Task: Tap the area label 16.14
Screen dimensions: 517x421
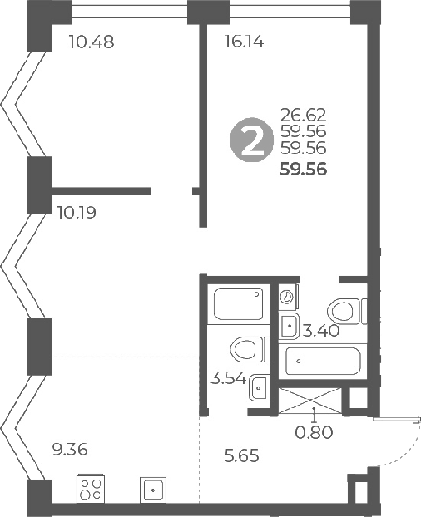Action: tap(245, 42)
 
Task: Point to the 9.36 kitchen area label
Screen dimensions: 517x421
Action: tap(69, 450)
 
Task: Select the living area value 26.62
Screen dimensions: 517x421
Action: tap(304, 115)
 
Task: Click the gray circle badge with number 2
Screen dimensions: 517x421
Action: tap(250, 140)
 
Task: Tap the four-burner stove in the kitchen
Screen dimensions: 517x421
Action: tap(90, 488)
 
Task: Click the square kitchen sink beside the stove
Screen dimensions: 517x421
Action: tap(153, 489)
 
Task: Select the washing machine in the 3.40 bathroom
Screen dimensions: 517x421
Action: tap(287, 297)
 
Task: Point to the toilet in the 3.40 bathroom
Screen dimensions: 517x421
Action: tap(344, 311)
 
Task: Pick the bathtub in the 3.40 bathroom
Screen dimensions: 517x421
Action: tap(323, 362)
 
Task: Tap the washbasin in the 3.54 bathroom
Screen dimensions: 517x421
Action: tap(259, 387)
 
